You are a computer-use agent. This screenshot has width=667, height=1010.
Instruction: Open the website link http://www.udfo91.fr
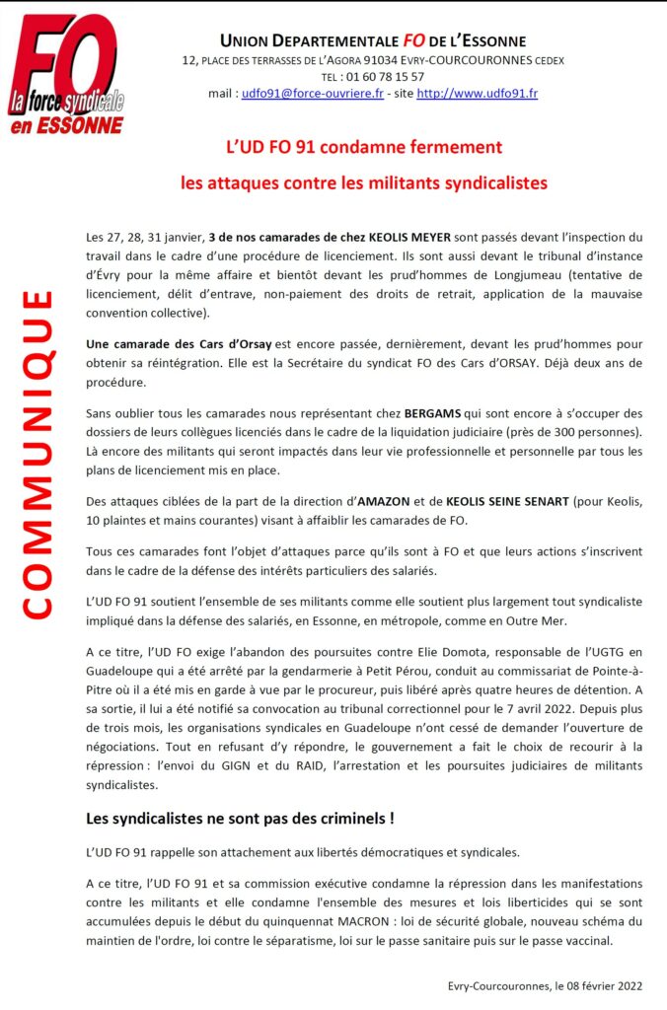477,94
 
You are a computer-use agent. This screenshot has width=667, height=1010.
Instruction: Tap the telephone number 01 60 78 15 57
386,77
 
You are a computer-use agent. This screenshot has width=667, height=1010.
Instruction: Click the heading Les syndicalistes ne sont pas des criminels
241,818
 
